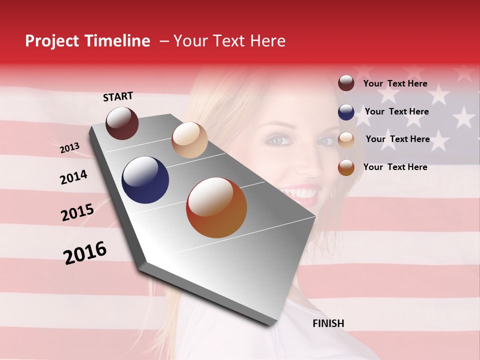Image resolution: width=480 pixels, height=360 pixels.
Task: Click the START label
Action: pos(118,96)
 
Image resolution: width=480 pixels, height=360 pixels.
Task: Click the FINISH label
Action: pos(328,323)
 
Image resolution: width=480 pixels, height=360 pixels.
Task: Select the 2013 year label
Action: pos(69,148)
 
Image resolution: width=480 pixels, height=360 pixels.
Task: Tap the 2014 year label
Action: pos(73,177)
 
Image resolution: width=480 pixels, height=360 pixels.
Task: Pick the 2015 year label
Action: pos(77,212)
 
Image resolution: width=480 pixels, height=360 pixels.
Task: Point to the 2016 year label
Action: pos(85,253)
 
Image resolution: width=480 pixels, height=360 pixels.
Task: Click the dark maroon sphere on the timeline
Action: pos(122,123)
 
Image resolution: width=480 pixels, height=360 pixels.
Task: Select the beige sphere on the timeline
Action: pos(189,140)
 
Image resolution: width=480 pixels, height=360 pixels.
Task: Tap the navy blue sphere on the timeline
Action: pos(145,180)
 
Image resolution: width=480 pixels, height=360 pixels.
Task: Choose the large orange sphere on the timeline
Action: pos(216,207)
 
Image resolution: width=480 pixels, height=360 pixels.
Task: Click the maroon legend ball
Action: pos(346,83)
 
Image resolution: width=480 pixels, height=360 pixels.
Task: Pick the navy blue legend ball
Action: pos(346,112)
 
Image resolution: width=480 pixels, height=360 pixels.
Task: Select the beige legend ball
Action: pos(346,140)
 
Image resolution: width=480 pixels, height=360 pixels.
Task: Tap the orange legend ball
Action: pos(346,167)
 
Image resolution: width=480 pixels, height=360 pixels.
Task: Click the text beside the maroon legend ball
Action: pos(395,84)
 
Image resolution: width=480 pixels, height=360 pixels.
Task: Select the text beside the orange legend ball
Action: pos(395,167)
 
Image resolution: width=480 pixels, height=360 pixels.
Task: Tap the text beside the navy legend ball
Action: pos(396,111)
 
